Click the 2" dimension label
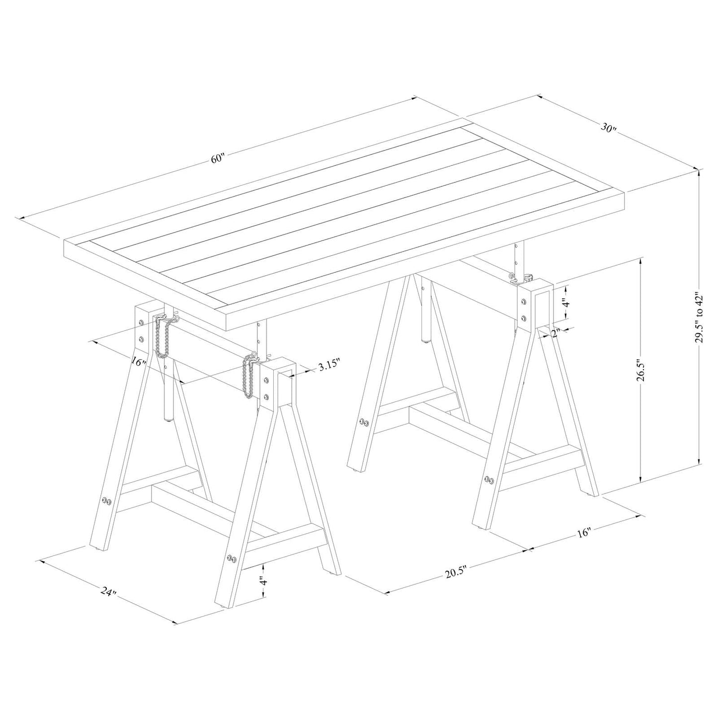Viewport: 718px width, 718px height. (556, 332)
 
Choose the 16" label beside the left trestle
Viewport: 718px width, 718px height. (139, 361)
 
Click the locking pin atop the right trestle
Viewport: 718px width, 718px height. (521, 278)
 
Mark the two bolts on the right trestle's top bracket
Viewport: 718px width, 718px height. (524, 310)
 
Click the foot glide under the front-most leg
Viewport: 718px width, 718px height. (223, 617)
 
